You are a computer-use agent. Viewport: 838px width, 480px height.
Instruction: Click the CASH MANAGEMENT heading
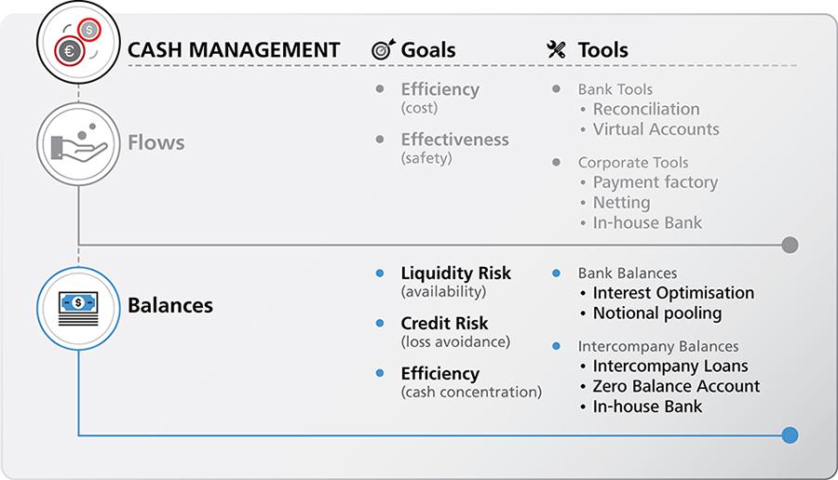233,49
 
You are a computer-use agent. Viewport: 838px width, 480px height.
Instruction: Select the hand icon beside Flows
78,143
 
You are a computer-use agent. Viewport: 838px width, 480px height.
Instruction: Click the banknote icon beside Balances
78,304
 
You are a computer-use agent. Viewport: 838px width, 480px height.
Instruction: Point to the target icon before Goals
383,50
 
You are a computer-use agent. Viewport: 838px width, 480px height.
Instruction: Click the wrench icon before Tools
557,50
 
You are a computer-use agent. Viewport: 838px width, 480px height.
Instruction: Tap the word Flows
155,143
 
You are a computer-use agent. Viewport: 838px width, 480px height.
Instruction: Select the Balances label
169,305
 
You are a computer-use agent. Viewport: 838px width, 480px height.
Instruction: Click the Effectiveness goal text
454,140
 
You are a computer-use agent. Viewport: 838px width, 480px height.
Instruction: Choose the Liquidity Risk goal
455,273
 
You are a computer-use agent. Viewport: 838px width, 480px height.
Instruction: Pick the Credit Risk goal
444,324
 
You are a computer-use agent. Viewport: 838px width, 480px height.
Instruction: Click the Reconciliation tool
645,110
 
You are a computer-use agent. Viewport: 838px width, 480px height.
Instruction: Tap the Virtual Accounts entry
656,129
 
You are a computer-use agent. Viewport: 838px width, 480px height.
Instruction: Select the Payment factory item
655,182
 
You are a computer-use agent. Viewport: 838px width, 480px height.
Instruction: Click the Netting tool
621,202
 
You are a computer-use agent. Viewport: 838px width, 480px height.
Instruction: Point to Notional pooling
656,313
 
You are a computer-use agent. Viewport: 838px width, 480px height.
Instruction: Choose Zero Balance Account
676,385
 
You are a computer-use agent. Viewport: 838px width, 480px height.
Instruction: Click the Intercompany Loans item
669,366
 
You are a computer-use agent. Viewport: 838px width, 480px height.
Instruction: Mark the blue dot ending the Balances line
790,434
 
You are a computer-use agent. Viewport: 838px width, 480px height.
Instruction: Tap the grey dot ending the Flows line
790,246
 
